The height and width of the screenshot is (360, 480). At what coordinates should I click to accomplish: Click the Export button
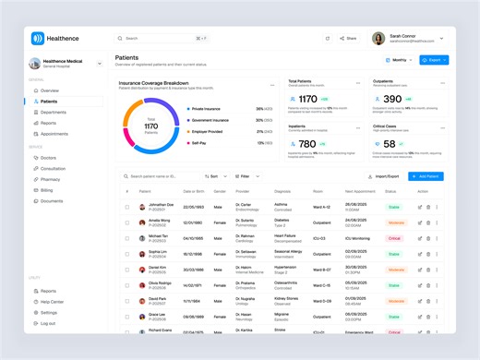pos(433,60)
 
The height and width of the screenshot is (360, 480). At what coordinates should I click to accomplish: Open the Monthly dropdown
pos(399,60)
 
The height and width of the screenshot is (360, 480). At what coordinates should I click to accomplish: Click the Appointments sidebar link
pos(54,134)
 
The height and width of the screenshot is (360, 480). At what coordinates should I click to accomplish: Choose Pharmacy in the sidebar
pos(51,179)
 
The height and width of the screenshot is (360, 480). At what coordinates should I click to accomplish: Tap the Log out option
pos(48,324)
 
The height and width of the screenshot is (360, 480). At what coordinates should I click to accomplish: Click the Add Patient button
pos(425,175)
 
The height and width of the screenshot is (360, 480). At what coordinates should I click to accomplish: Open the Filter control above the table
pos(244,175)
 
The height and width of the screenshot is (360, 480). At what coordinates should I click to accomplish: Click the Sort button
pos(212,175)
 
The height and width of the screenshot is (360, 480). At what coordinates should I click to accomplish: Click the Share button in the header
pos(347,39)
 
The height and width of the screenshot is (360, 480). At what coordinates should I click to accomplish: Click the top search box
pos(162,39)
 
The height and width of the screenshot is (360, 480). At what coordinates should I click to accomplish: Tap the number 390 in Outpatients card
pos(392,99)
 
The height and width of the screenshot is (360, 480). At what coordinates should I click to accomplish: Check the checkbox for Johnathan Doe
pos(127,207)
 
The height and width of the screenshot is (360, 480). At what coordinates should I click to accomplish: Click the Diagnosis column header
pos(282,191)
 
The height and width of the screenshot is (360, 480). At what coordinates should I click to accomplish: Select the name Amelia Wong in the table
pos(159,221)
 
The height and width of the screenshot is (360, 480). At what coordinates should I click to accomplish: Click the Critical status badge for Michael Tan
pos(394,238)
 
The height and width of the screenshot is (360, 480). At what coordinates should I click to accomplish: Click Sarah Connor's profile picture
pos(378,39)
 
